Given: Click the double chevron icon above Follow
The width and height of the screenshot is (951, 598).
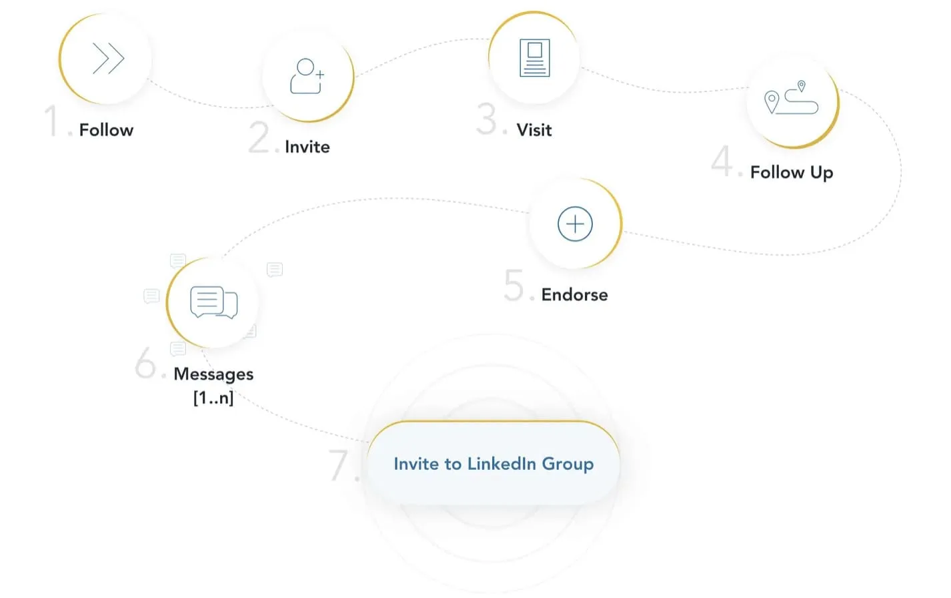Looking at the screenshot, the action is pos(109,58).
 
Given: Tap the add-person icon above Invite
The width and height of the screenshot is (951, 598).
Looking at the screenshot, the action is pos(307,76).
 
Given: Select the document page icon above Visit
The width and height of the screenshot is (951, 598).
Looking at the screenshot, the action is pos(534,58).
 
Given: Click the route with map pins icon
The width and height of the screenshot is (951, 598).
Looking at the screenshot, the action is pos(791,97).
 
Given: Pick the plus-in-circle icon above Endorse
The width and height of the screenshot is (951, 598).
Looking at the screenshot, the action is pos(575,224).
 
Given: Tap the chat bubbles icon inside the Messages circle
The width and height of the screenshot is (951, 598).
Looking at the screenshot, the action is pos(213,302).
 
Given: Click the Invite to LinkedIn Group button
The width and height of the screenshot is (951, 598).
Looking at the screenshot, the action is pos(494,463).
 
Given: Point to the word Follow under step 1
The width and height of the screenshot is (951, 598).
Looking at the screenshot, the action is pos(106,130).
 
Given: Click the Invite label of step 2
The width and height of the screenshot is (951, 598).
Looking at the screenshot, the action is pos(307,147).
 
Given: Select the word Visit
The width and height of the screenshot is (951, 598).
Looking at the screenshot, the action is pos(534,130).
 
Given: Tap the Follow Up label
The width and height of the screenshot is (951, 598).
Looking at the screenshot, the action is pos(792,173).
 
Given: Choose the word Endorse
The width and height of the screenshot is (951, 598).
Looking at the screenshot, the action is pos(574,295).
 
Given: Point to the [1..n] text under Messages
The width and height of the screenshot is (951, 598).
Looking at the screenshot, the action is pos(213,398).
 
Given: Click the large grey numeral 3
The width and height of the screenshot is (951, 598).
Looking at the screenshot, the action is pos(486,119).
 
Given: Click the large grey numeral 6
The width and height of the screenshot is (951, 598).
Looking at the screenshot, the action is pos(145,362).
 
